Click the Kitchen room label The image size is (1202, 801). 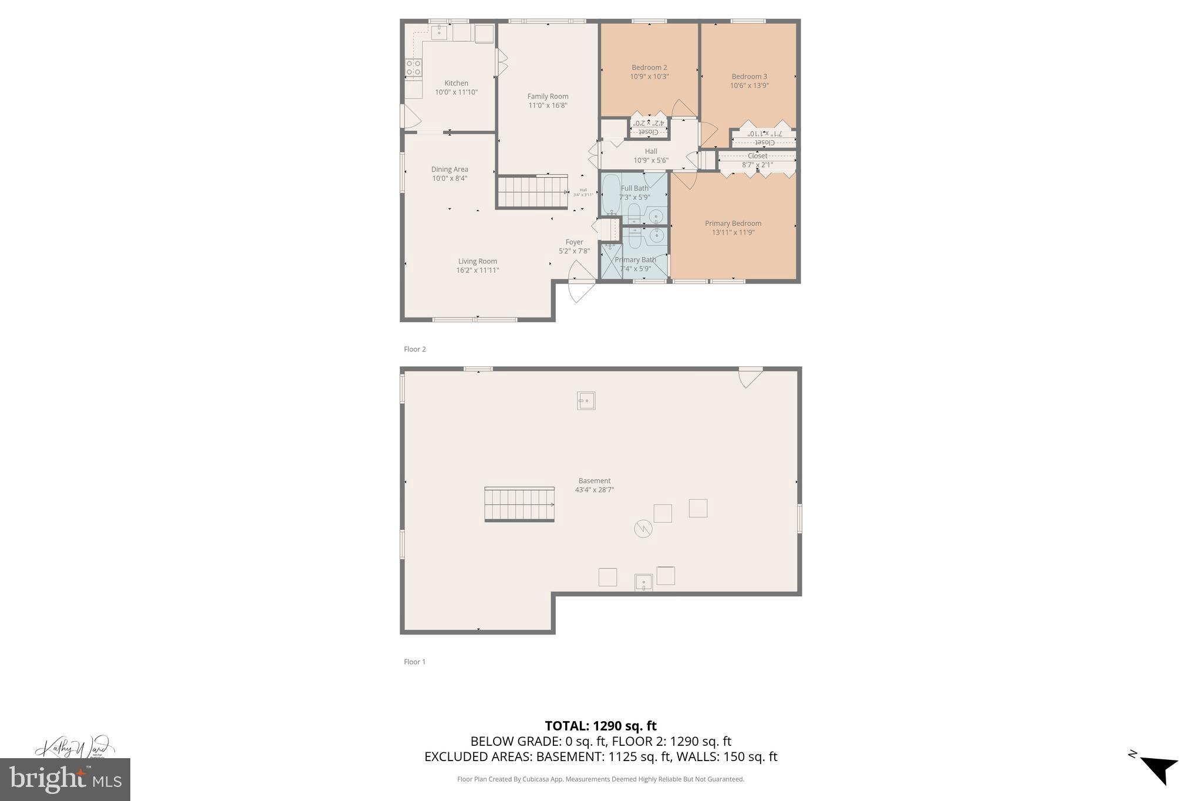(x=456, y=83)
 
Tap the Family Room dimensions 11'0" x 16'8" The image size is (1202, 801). (x=548, y=106)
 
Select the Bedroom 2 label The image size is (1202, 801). (x=649, y=67)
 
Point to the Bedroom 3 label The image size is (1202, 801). (x=749, y=76)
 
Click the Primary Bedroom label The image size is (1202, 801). (x=733, y=223)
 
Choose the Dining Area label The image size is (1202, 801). (x=450, y=170)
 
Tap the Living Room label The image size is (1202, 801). (x=477, y=261)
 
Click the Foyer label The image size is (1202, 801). (x=574, y=242)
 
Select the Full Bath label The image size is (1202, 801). (x=634, y=188)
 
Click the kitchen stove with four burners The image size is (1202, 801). (x=413, y=68)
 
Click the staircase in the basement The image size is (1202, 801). (x=519, y=504)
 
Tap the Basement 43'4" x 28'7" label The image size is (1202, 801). (x=595, y=485)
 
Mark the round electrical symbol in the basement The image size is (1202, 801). (x=643, y=529)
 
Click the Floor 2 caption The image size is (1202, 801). (x=414, y=349)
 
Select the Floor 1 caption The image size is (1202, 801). (x=414, y=662)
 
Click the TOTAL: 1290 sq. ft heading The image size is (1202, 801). (x=600, y=726)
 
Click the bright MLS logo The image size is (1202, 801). (x=65, y=779)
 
